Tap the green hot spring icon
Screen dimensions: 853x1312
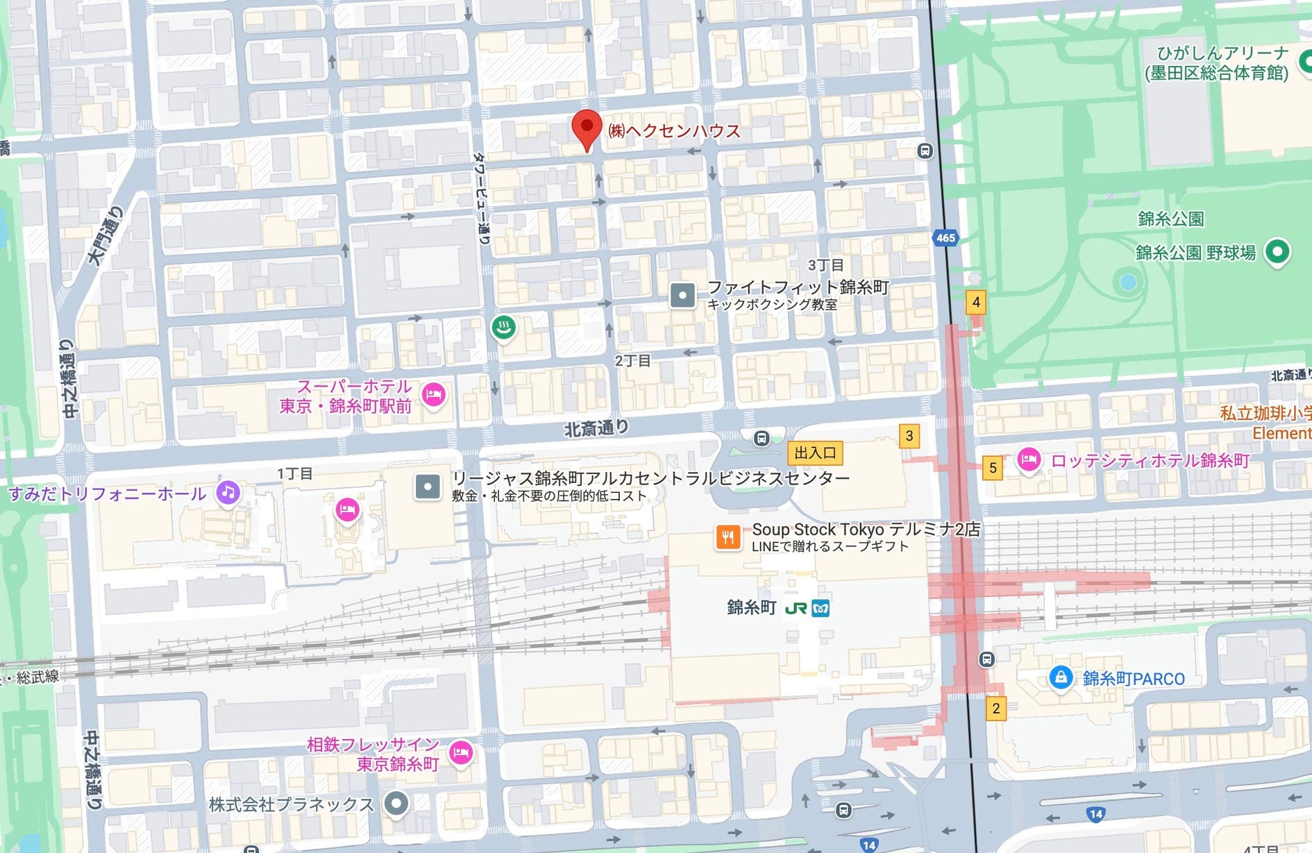[504, 326]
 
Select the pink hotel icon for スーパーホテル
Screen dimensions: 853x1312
[434, 395]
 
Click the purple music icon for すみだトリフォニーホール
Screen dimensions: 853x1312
[228, 493]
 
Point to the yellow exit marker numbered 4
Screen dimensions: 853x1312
[976, 303]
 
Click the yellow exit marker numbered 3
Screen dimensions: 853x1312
[909, 436]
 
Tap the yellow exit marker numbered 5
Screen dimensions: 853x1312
[993, 468]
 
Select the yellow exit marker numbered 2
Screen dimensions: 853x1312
[995, 709]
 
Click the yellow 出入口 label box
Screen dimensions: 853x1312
[815, 453]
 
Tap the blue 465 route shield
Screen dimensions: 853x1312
[945, 238]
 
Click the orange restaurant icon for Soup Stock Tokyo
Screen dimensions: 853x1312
[728, 537]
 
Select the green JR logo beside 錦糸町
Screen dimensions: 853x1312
[796, 609]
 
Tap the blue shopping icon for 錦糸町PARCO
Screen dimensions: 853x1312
[1060, 677]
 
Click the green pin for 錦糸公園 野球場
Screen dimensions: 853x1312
[1277, 251]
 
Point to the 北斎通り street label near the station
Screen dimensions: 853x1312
[596, 428]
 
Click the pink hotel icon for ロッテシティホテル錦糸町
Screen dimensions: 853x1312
[1028, 459]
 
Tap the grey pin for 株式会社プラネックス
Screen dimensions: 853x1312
[396, 804]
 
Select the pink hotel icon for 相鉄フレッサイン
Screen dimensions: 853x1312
[460, 752]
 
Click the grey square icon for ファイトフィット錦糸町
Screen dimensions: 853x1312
[682, 295]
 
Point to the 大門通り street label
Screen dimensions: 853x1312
[106, 236]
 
